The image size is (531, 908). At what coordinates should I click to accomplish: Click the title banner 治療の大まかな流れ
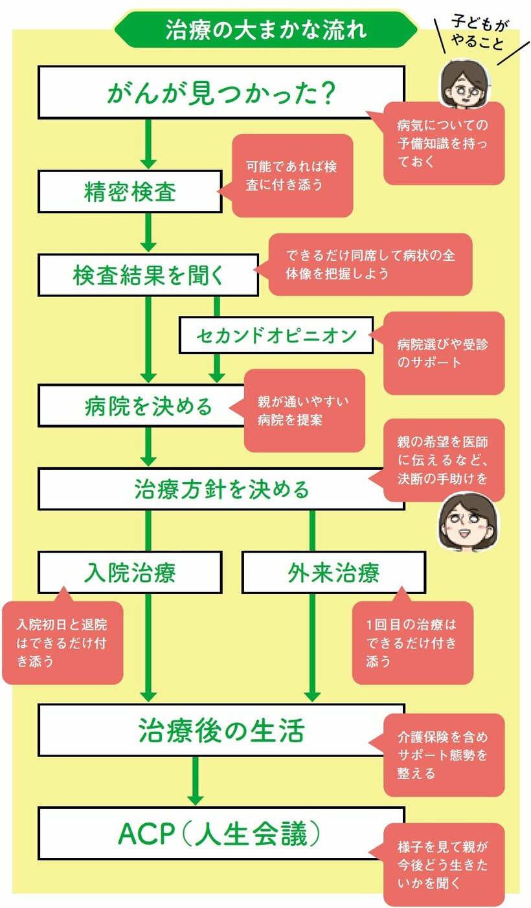coord(265,30)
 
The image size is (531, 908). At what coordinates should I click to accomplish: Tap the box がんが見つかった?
coord(221,93)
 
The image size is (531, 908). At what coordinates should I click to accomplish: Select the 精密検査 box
coord(130,192)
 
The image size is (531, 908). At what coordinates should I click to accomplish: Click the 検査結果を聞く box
coord(148,275)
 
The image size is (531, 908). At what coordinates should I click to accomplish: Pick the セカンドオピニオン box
coord(276,335)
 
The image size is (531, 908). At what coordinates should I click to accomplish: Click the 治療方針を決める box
coord(221,489)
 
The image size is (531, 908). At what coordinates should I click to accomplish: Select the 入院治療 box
coord(130,572)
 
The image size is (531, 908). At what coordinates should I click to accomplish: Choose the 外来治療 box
coord(333,572)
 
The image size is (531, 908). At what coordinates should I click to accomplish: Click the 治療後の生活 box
coord(221,730)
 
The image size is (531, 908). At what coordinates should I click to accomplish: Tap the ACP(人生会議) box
coord(221,834)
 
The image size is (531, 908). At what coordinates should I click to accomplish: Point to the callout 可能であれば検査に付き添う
coord(292,175)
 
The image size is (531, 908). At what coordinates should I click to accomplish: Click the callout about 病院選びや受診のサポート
coord(444,353)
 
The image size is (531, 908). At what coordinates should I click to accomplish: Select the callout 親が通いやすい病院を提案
coord(304,410)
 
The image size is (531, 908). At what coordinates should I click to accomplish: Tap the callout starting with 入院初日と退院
coord(62,642)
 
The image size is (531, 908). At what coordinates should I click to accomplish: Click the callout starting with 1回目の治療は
coord(412,642)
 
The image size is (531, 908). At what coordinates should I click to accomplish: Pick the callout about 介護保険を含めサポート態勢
coord(444,755)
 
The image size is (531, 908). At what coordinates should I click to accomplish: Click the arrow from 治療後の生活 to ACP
coord(195,781)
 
